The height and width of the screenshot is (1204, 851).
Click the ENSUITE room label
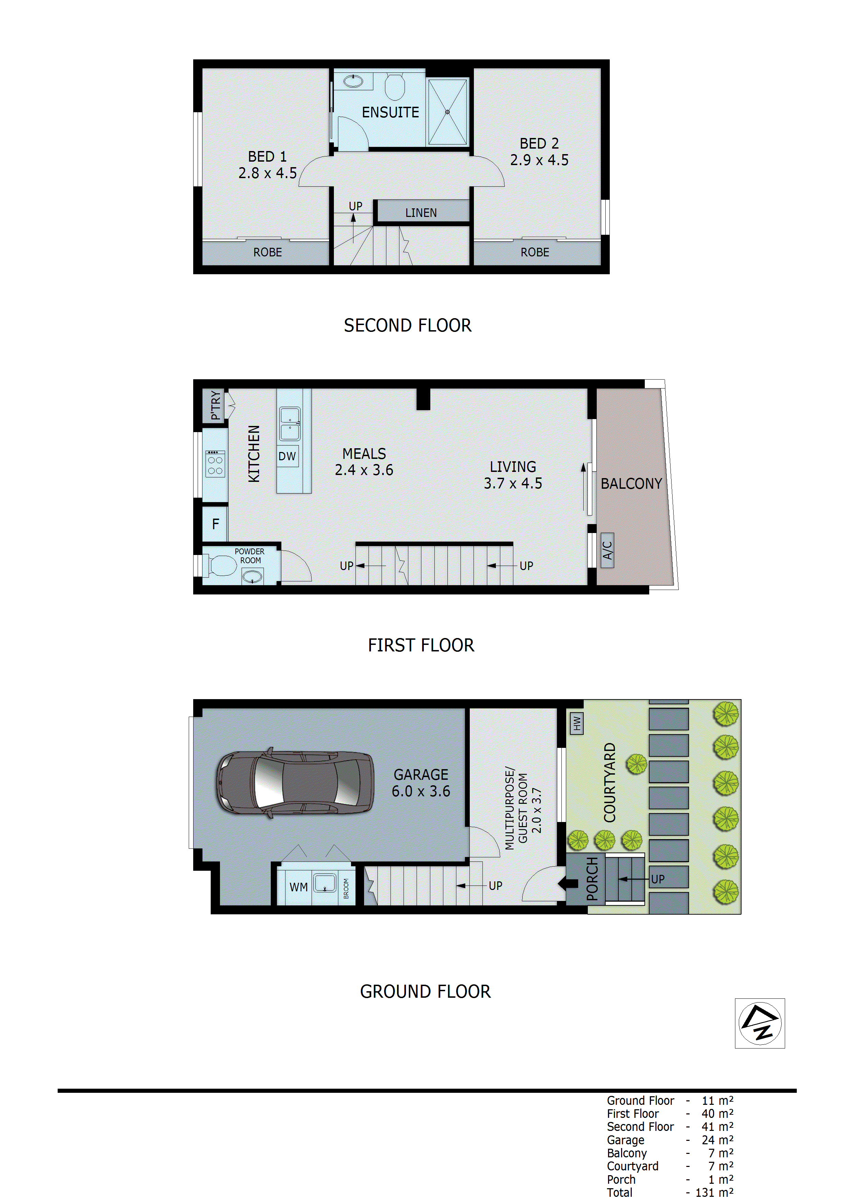pyautogui.click(x=390, y=112)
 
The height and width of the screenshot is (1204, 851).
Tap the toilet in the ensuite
pyautogui.click(x=395, y=86)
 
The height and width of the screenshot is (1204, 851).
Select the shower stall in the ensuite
pyautogui.click(x=447, y=112)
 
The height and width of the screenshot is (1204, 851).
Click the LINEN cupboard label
pyautogui.click(x=421, y=212)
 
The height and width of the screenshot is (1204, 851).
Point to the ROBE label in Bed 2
pyautogui.click(x=535, y=252)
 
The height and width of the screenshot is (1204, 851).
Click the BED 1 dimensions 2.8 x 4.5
pyautogui.click(x=267, y=173)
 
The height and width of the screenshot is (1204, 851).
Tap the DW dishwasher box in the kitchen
pyautogui.click(x=287, y=456)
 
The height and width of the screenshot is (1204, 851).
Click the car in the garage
pyautogui.click(x=295, y=783)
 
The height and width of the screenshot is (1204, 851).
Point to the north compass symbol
pyautogui.click(x=759, y=1023)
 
